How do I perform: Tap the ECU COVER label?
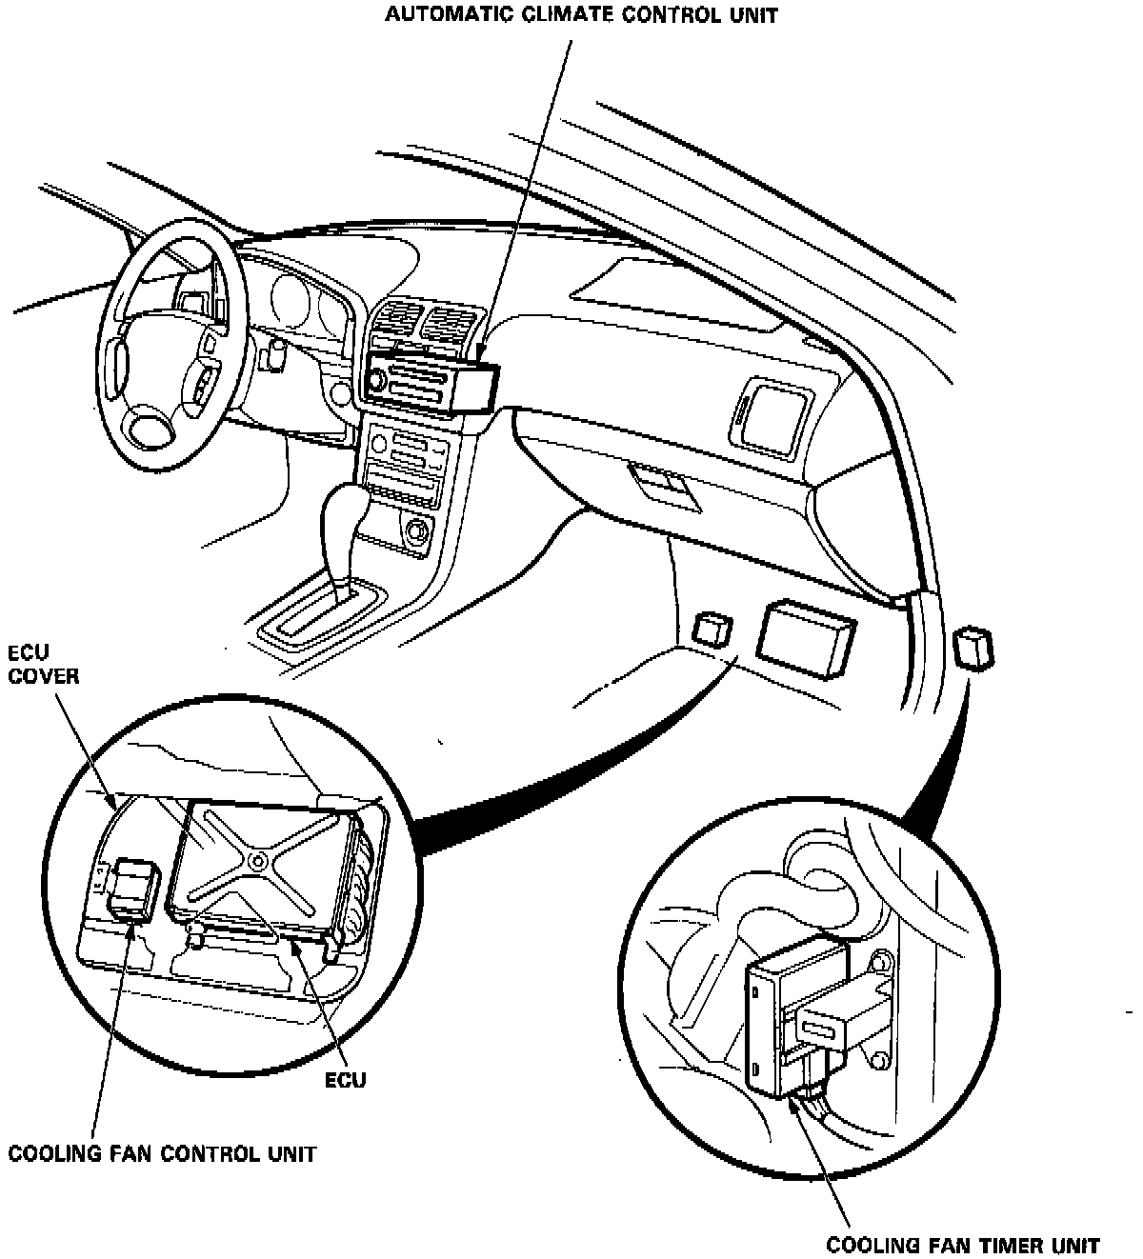(x=43, y=665)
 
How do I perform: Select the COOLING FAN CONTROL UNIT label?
(x=162, y=1154)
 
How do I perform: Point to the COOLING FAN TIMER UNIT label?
(x=963, y=1245)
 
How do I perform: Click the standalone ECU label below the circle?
(x=346, y=1081)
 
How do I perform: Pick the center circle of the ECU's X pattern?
(x=258, y=859)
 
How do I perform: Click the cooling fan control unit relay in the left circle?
(x=131, y=889)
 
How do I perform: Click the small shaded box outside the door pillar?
(x=973, y=649)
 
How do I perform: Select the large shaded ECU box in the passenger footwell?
(x=805, y=635)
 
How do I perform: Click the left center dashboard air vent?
(x=394, y=320)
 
